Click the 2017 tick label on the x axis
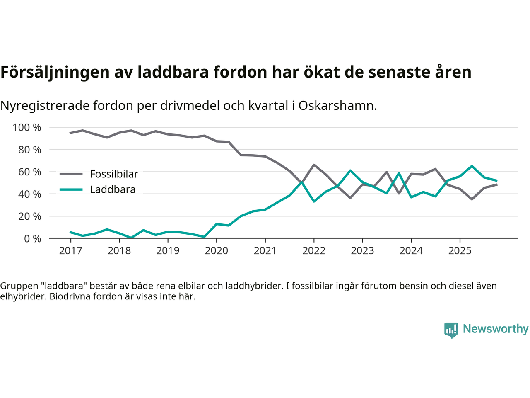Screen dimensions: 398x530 (x=70, y=251)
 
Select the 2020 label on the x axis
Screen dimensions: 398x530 (x=217, y=251)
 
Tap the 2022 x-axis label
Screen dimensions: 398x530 (x=314, y=251)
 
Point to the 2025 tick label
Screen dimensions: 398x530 (x=460, y=251)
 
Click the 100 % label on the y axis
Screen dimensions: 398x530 (x=27, y=128)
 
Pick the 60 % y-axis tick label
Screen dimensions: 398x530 (x=30, y=172)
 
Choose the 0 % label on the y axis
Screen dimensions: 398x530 (x=33, y=239)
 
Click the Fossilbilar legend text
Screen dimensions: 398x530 (x=114, y=174)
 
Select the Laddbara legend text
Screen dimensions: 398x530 (x=113, y=190)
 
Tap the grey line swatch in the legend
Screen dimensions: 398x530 (x=71, y=174)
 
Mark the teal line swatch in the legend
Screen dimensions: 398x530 (x=71, y=190)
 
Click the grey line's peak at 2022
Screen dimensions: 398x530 (x=314, y=165)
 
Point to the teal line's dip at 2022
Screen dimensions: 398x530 (x=314, y=201)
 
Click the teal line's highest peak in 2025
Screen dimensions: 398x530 (x=472, y=166)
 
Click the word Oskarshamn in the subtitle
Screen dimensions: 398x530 (x=337, y=106)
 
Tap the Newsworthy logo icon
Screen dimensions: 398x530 (x=451, y=330)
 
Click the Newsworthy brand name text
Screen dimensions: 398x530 (x=496, y=329)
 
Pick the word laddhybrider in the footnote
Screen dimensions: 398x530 (x=253, y=286)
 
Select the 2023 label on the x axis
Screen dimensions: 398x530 (x=362, y=251)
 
